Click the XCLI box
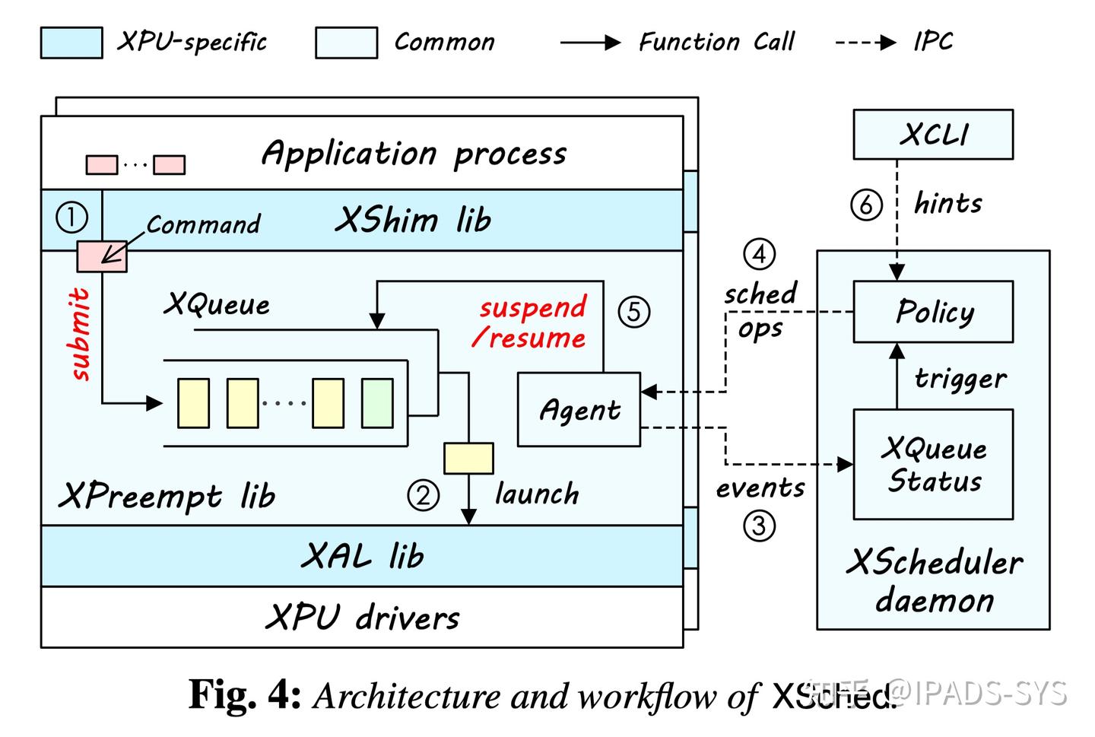click(x=932, y=135)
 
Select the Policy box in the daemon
click(x=932, y=312)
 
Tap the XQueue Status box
click(x=932, y=464)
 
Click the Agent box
click(x=579, y=409)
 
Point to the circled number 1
click(x=72, y=218)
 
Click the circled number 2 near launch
click(x=423, y=496)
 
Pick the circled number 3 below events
click(x=758, y=526)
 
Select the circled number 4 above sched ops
click(x=759, y=254)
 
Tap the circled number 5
click(x=633, y=312)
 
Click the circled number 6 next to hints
click(x=866, y=205)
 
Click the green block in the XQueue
click(x=377, y=402)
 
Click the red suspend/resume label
click(x=532, y=322)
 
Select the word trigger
click(x=960, y=378)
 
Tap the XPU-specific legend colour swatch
click(x=71, y=43)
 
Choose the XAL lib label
click(x=362, y=556)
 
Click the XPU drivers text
click(x=362, y=617)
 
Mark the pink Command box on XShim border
click(x=102, y=256)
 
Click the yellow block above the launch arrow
click(x=468, y=459)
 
